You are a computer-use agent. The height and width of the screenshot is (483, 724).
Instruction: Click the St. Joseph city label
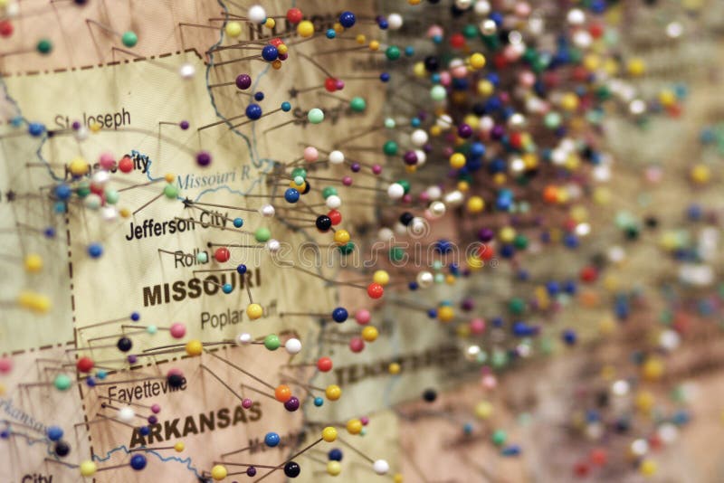click(93, 119)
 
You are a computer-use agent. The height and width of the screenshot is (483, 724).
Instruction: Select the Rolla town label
click(191, 259)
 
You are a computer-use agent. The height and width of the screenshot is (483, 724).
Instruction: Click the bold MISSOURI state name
click(201, 289)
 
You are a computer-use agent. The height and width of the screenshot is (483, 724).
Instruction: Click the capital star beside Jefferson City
click(187, 204)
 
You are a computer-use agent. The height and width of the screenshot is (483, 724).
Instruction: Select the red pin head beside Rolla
click(222, 255)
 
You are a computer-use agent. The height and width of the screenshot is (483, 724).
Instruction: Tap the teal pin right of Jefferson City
click(238, 222)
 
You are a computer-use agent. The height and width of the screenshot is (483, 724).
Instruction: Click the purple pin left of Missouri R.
click(204, 159)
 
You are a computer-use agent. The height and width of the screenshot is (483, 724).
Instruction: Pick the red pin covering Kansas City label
click(126, 165)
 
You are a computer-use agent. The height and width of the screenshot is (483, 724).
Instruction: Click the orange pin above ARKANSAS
click(283, 393)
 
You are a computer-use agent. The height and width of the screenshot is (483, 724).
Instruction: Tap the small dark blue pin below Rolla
click(242, 269)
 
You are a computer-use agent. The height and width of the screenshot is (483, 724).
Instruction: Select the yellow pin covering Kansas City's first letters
click(79, 166)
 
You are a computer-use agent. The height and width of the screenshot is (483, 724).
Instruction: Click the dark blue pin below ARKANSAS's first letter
click(138, 461)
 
